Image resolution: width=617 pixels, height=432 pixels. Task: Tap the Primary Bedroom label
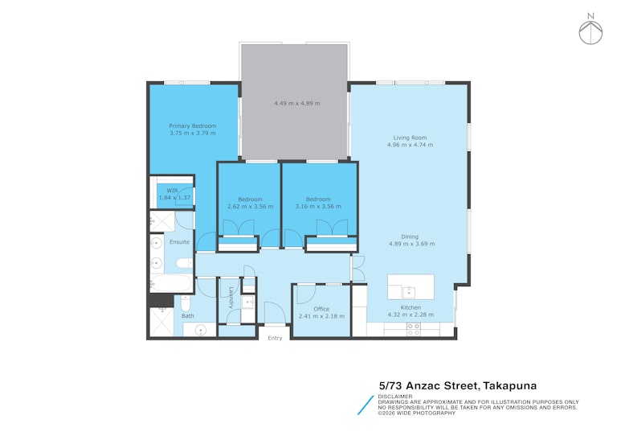193,125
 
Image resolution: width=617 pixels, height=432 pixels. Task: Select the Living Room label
410,138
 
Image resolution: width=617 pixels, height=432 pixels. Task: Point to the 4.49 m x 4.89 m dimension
297,103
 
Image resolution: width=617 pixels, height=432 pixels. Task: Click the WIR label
172,191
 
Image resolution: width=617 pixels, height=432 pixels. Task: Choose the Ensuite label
179,241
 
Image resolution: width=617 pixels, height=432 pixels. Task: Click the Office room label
321,309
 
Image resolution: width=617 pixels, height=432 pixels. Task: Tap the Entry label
275,338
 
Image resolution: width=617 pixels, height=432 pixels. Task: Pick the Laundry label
231,298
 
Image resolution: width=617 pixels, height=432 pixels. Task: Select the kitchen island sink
409,292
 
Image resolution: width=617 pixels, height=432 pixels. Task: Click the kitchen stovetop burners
413,330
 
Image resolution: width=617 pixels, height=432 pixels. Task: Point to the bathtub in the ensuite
171,283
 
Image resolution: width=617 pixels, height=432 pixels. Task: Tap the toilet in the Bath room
186,304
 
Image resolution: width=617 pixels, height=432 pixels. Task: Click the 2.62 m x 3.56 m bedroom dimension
251,206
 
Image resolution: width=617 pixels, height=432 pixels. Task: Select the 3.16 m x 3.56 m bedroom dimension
318,206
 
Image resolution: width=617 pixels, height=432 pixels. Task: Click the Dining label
410,237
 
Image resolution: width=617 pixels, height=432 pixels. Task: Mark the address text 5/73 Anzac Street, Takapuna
458,385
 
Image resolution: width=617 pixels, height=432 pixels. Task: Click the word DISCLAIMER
395,397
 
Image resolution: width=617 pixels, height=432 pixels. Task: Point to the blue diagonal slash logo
366,405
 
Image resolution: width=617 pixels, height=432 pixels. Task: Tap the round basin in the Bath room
201,330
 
